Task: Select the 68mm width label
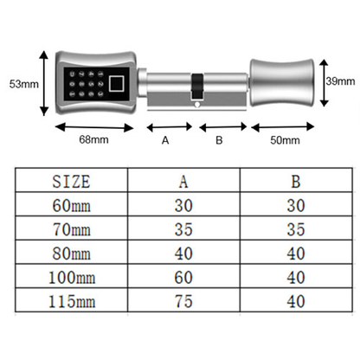point(93,139)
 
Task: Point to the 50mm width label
point(285,139)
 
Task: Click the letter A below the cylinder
point(164,139)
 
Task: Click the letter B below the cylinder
point(219,139)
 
